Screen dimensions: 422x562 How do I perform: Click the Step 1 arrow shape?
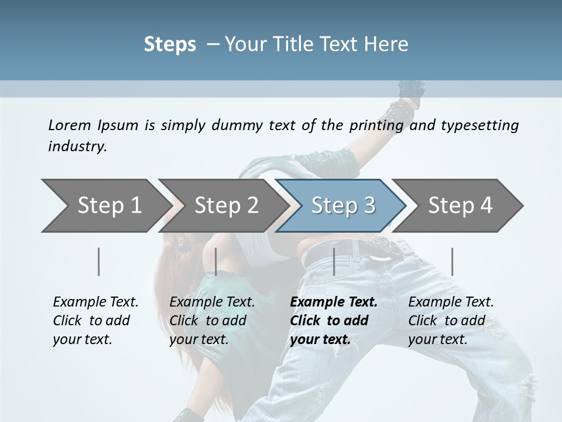tap(105, 206)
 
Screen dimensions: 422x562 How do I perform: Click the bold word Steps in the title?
tap(170, 45)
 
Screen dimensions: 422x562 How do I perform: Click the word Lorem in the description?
tap(70, 125)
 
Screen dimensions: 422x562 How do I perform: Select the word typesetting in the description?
tap(479, 125)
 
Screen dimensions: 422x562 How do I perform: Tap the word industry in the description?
tap(77, 147)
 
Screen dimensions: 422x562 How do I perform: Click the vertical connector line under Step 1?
tap(99, 261)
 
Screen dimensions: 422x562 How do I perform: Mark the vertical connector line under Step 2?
tap(216, 261)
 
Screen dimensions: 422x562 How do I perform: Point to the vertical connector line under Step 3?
tap(334, 261)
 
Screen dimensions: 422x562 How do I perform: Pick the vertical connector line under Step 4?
tap(452, 261)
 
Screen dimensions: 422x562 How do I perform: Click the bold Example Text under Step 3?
tap(334, 302)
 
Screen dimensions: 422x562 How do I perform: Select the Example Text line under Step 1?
tap(95, 302)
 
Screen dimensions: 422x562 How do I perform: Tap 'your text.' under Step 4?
tap(437, 339)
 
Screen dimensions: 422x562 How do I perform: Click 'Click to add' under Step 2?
tap(208, 321)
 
